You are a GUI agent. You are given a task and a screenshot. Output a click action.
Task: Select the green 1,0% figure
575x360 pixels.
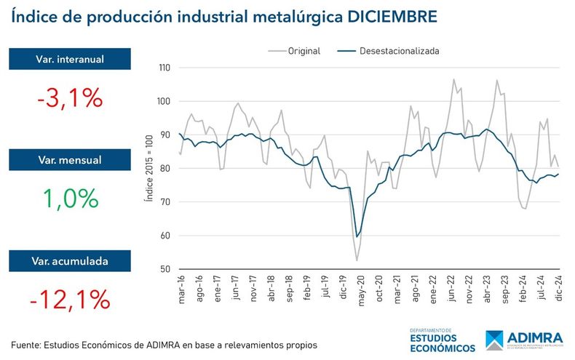[x=70, y=198]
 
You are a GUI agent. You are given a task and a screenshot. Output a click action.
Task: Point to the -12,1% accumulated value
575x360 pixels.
[x=70, y=298]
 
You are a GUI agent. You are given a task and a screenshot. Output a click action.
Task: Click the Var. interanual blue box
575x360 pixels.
[x=70, y=59]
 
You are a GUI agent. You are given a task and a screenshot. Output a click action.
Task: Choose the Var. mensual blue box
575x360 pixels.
[x=70, y=160]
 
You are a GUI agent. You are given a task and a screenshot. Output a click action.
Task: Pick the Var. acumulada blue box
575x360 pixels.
[x=70, y=260]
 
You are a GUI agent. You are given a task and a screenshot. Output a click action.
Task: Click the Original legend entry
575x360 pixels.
[x=295, y=51]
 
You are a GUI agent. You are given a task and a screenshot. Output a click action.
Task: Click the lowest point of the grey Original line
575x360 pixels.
[x=357, y=260]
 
